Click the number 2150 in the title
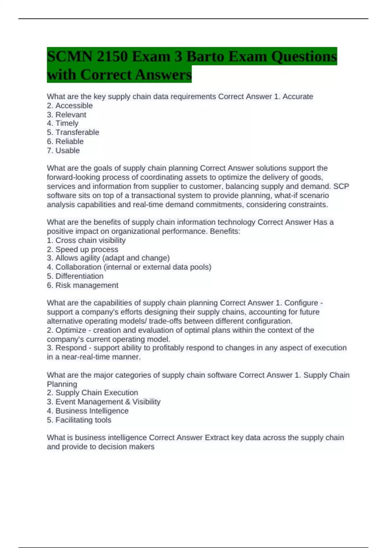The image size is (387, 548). coord(111,57)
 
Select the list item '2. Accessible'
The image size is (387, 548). coord(70,106)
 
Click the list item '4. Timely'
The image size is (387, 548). coord(63,123)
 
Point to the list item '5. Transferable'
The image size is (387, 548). coord(73,132)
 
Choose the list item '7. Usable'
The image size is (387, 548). coord(63,151)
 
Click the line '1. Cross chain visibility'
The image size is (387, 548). coord(86,240)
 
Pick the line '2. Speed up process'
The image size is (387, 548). coord(83,250)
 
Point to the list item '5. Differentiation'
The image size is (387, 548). coord(75,276)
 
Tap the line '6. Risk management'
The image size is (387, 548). coord(83,285)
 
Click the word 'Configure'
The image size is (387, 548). coord(301,303)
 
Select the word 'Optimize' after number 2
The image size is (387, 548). coord(71,330)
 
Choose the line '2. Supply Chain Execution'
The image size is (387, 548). coord(92,393)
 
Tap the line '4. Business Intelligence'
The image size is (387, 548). coord(88,411)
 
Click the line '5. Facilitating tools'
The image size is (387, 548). coord(79,420)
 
